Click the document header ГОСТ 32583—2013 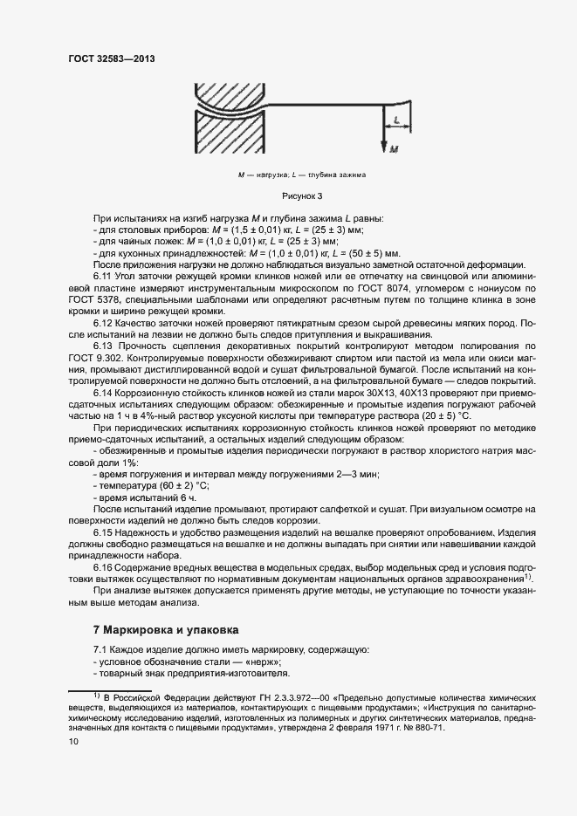(x=117, y=58)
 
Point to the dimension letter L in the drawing (x=397, y=119)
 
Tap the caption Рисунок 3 (x=302, y=195)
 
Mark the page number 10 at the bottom (x=73, y=742)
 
